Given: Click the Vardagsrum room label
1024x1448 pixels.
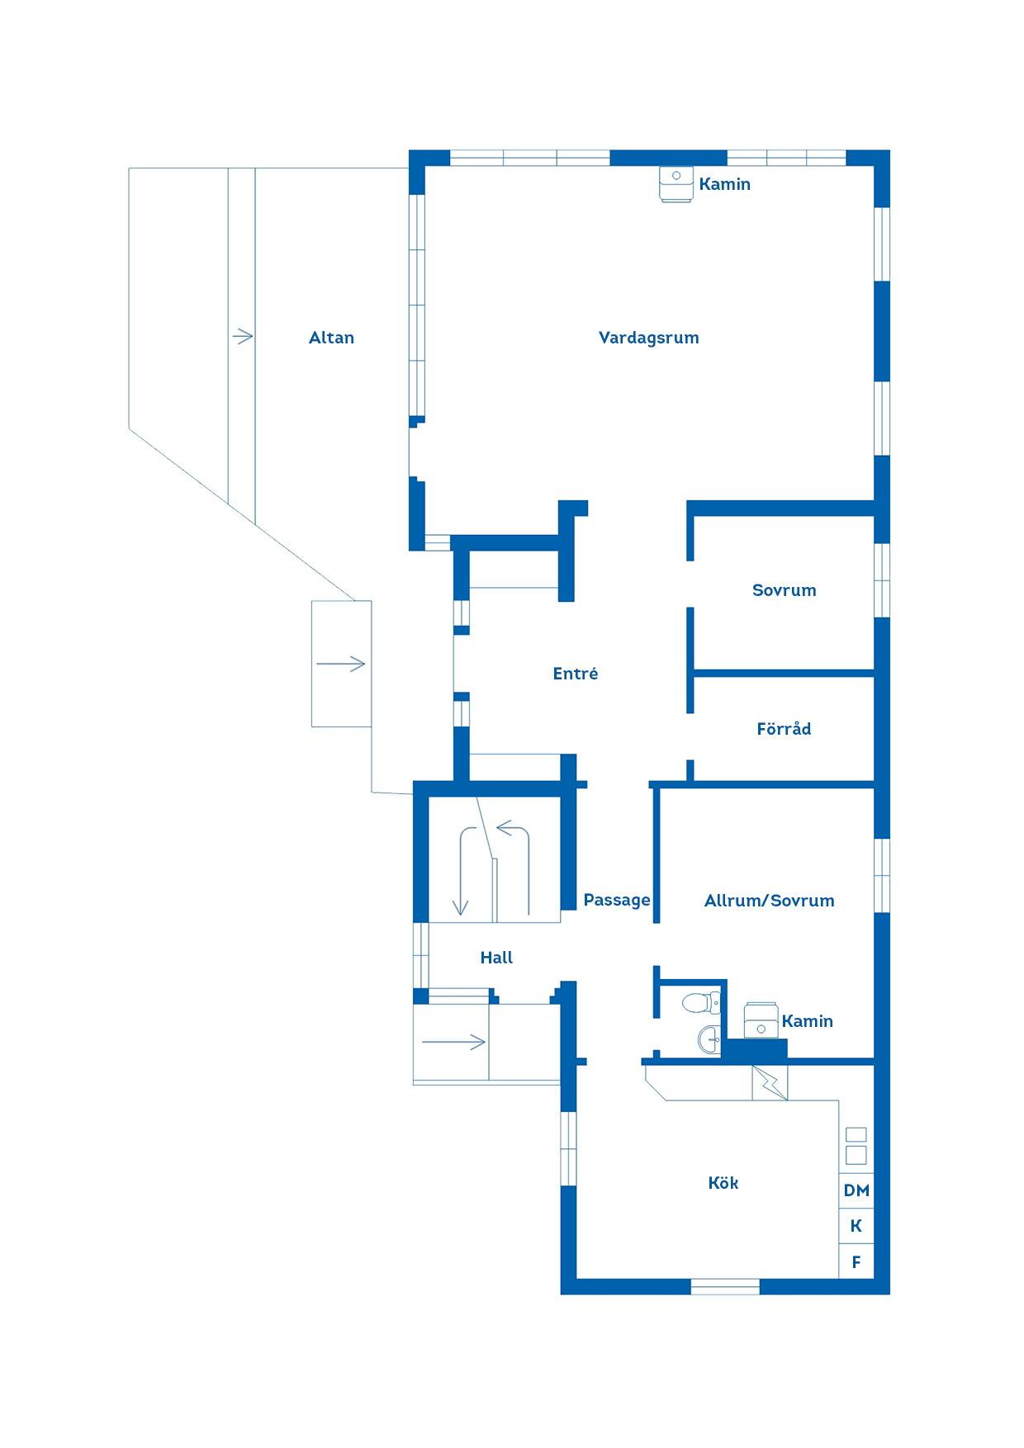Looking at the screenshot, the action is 648,338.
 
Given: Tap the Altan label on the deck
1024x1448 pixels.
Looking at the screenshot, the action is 331,338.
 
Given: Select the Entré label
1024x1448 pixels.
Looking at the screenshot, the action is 576,674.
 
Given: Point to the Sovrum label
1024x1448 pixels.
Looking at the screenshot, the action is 784,590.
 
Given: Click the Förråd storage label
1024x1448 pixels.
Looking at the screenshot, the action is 784,729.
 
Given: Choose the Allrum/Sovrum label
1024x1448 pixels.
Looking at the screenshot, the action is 769,901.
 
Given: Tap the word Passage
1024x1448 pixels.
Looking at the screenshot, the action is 617,901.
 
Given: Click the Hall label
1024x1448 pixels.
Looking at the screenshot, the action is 496,958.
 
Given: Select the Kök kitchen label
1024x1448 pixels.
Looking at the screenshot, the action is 723,1183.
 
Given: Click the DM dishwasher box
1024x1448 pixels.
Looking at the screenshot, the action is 856,1190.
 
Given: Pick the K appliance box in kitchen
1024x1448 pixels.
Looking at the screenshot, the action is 856,1226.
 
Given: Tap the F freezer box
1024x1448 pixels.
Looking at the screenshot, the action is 856,1261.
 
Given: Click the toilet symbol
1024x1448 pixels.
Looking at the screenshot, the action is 700,1003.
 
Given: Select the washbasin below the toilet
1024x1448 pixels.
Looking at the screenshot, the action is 709,1039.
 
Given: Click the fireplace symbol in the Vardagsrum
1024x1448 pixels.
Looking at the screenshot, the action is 676,185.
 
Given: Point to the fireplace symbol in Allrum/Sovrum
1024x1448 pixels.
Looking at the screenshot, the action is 761,1020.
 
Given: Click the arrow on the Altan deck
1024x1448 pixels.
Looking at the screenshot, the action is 242,336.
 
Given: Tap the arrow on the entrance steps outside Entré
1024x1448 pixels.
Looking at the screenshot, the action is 340,663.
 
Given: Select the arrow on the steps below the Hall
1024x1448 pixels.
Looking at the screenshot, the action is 453,1042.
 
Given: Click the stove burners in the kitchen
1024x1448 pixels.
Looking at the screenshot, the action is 856,1145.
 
